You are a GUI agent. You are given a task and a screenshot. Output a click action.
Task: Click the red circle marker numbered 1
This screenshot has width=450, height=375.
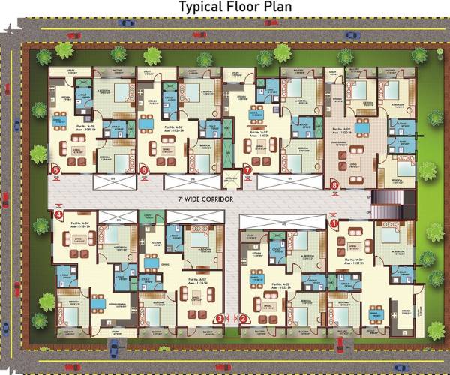[334, 223]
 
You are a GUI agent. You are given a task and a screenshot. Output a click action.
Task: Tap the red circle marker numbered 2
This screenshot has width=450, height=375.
[244, 317]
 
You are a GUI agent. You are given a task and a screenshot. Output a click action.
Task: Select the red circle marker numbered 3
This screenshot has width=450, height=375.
[219, 317]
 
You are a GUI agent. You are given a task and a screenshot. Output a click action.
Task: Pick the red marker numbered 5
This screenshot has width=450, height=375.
[56, 170]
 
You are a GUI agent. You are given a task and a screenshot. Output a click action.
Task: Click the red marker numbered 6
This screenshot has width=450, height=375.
[144, 170]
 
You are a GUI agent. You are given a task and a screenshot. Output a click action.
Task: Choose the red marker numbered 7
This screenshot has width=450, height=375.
[247, 170]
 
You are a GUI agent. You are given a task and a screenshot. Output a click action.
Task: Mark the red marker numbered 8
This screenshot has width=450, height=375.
[334, 184]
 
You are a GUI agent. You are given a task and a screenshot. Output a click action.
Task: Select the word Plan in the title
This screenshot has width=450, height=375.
[275, 8]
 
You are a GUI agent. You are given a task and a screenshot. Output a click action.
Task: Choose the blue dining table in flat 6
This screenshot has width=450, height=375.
[149, 124]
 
